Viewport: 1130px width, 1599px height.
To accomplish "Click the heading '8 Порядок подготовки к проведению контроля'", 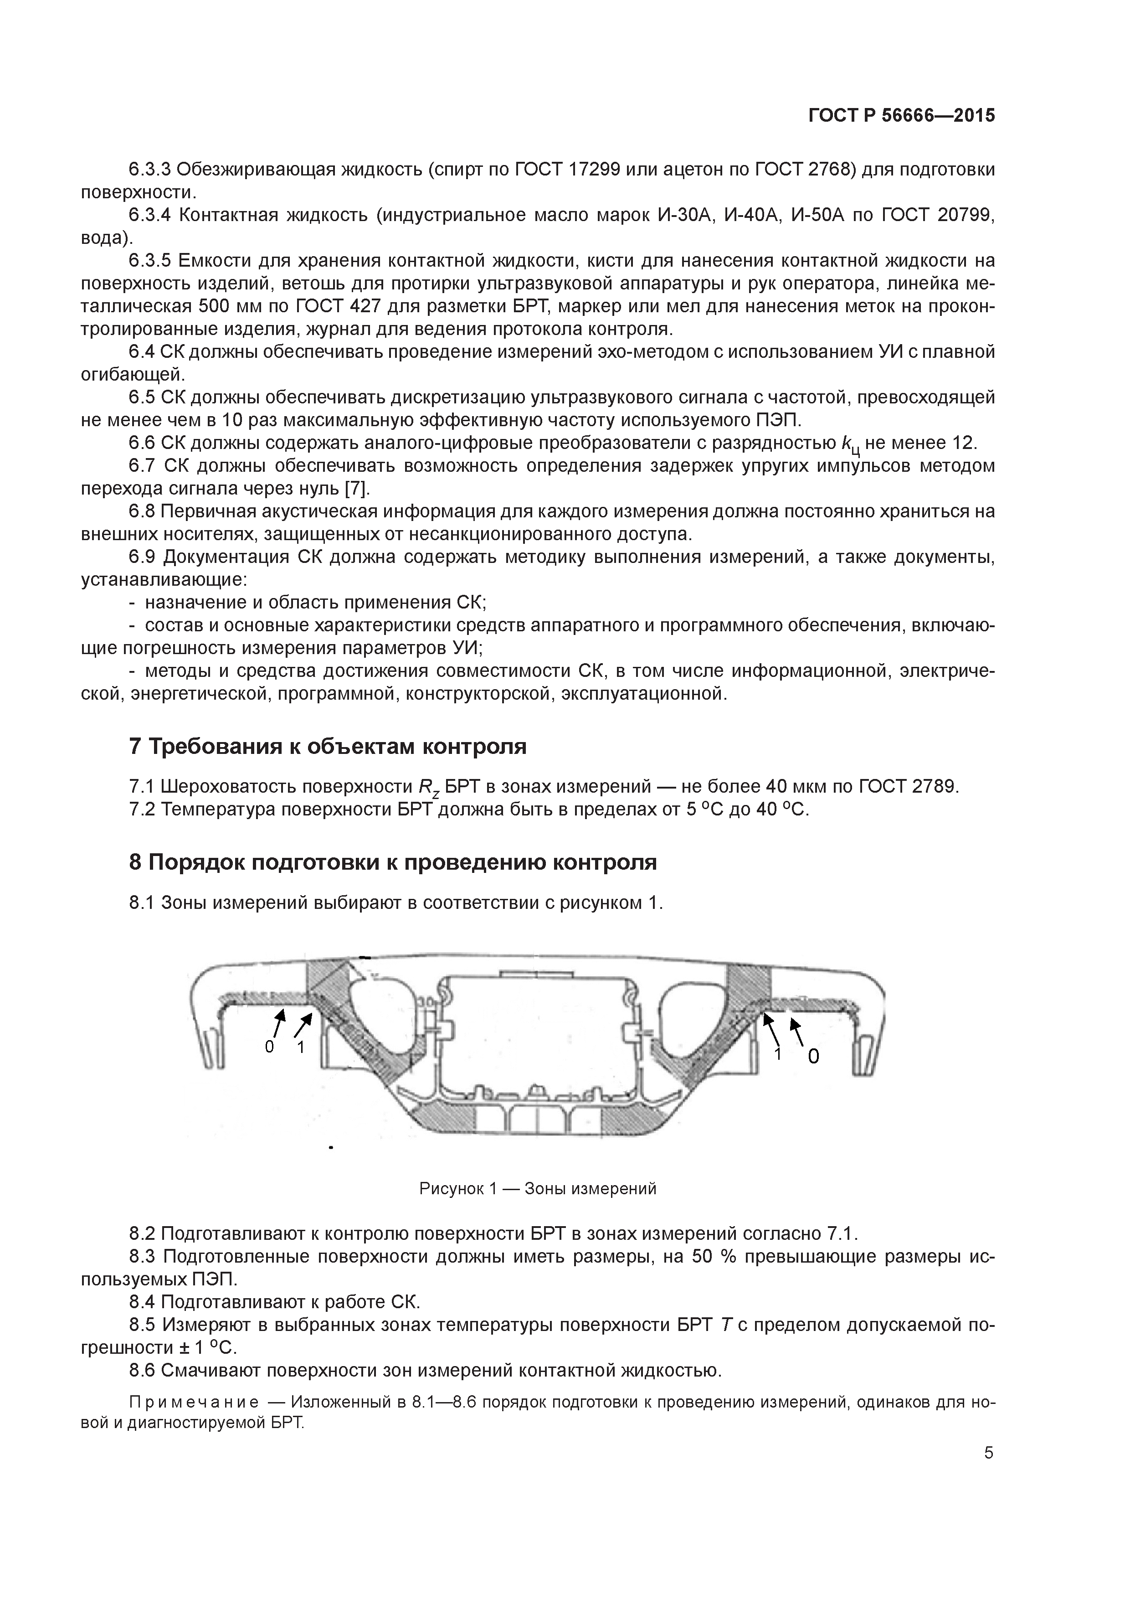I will click(393, 862).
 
